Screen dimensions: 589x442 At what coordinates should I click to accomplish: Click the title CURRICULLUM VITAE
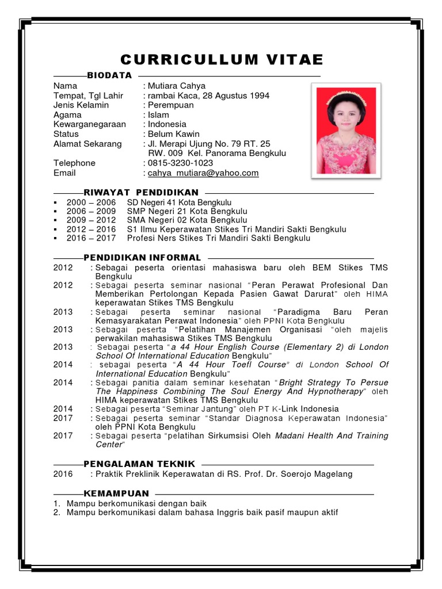pos(222,60)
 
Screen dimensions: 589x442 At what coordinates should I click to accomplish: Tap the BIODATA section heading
pos(109,75)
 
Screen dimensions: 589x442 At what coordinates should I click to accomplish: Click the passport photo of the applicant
pos(344,131)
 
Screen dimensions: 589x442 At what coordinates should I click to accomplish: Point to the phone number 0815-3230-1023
pos(180,163)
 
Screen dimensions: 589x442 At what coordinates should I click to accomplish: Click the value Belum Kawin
pos(173,134)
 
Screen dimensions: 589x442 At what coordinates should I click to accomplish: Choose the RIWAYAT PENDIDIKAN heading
pos(141,192)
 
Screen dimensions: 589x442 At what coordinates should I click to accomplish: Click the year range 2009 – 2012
pos(91,220)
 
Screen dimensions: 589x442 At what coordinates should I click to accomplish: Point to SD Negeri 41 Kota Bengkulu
pos(179,202)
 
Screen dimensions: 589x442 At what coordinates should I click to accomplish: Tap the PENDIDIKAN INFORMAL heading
pos(142,258)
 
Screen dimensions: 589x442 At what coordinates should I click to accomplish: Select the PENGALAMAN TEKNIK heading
pos(139,464)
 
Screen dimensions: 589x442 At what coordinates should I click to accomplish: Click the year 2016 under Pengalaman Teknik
pos(63,474)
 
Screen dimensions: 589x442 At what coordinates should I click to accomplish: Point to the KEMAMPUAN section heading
pos(116,494)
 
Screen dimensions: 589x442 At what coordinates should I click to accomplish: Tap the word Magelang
pos(333,474)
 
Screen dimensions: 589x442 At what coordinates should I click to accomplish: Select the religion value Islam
pos(158,114)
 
